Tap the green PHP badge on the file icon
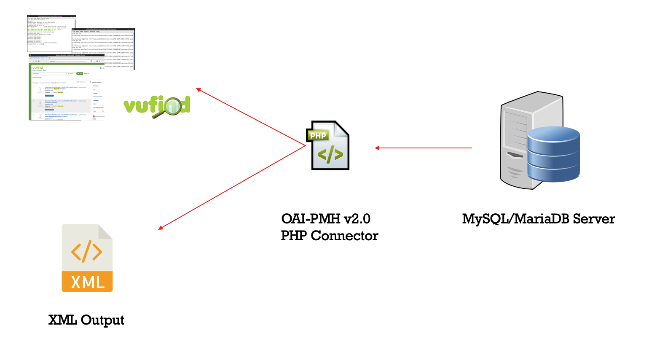pos(318,135)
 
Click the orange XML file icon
pos(87,258)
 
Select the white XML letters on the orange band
pos(88,282)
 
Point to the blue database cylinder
pos(553,154)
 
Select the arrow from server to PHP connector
pos(423,148)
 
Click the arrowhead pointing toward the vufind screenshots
pos(198,89)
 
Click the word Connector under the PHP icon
pos(344,236)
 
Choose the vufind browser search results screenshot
pos(66,87)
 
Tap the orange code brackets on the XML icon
pos(86,252)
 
